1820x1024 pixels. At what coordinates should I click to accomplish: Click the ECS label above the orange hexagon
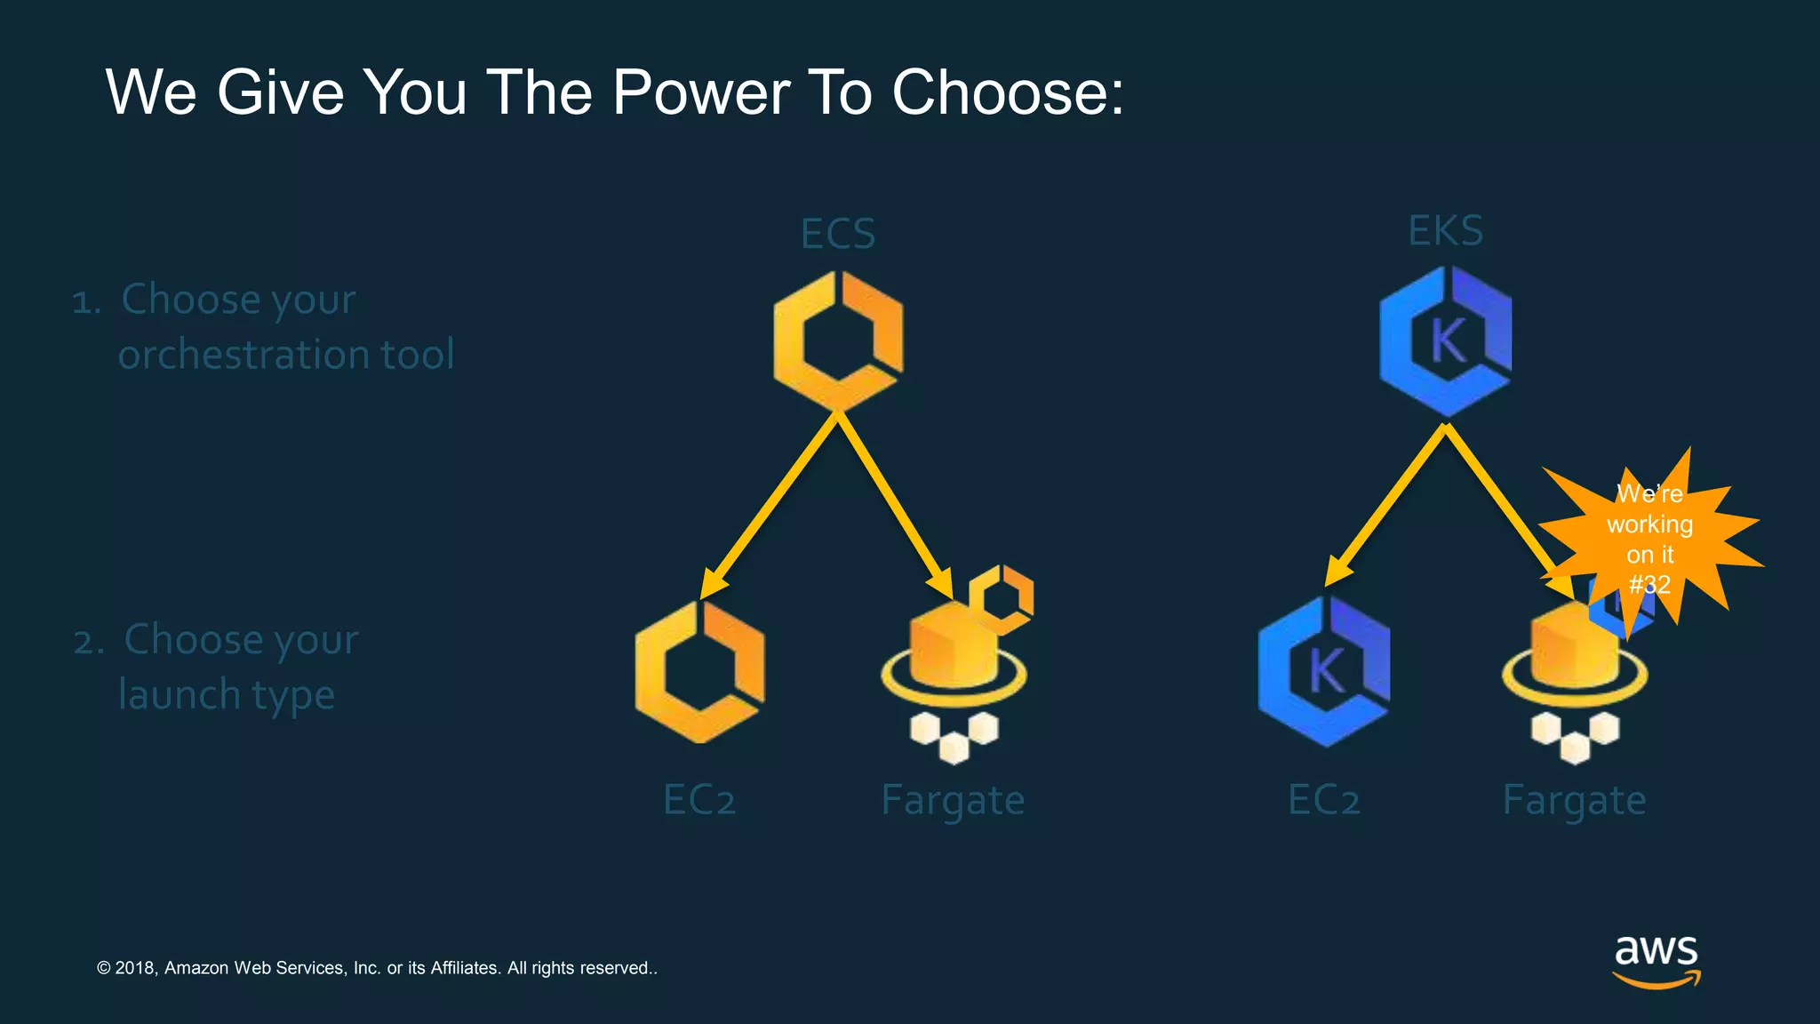(837, 234)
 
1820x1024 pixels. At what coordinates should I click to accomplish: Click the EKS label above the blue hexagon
(1446, 231)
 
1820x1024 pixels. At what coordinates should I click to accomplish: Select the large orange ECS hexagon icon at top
(838, 340)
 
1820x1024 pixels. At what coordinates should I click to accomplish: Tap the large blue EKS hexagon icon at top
(1446, 341)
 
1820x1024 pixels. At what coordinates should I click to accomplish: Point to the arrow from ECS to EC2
(770, 505)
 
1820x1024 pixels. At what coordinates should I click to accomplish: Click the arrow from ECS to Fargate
(892, 505)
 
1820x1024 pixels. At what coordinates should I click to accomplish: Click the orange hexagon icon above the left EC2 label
(700, 672)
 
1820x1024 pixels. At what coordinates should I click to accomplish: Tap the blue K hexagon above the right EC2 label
(1324, 672)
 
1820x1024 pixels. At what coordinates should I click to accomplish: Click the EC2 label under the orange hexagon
(699, 800)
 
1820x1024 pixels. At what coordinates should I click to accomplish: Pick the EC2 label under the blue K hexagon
(1324, 800)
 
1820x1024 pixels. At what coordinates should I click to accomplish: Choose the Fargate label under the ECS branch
(953, 801)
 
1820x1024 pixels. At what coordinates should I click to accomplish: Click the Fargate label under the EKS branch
(1574, 801)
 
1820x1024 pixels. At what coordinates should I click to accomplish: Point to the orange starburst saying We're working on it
(1650, 539)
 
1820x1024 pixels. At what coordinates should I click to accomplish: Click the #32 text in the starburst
(1649, 585)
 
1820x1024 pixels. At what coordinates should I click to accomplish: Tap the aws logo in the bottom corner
(1656, 960)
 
